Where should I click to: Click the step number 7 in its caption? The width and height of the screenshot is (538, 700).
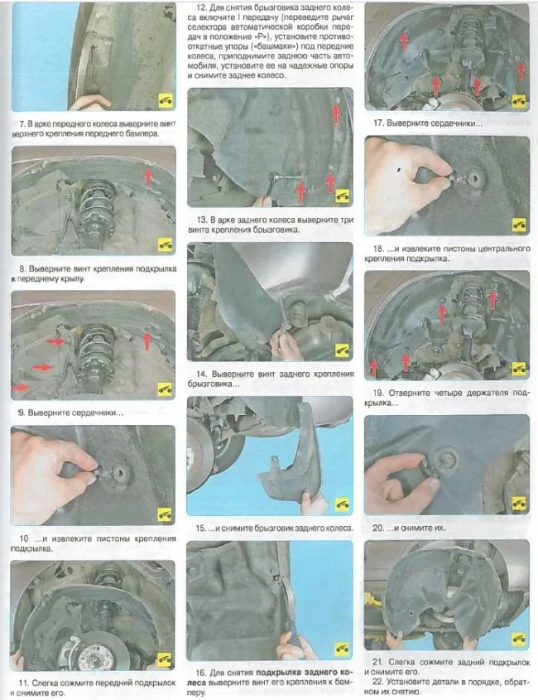pos(22,123)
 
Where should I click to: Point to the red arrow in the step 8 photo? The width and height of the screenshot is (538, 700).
pos(148,176)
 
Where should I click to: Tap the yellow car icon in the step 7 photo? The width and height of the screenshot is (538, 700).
pos(166,101)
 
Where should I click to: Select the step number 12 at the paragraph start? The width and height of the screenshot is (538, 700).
pos(201,7)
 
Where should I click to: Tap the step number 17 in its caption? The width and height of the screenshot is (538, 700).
pos(378,123)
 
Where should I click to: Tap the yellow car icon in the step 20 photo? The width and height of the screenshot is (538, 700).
pos(519,503)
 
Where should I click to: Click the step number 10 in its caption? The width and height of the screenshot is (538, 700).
pos(24,538)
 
